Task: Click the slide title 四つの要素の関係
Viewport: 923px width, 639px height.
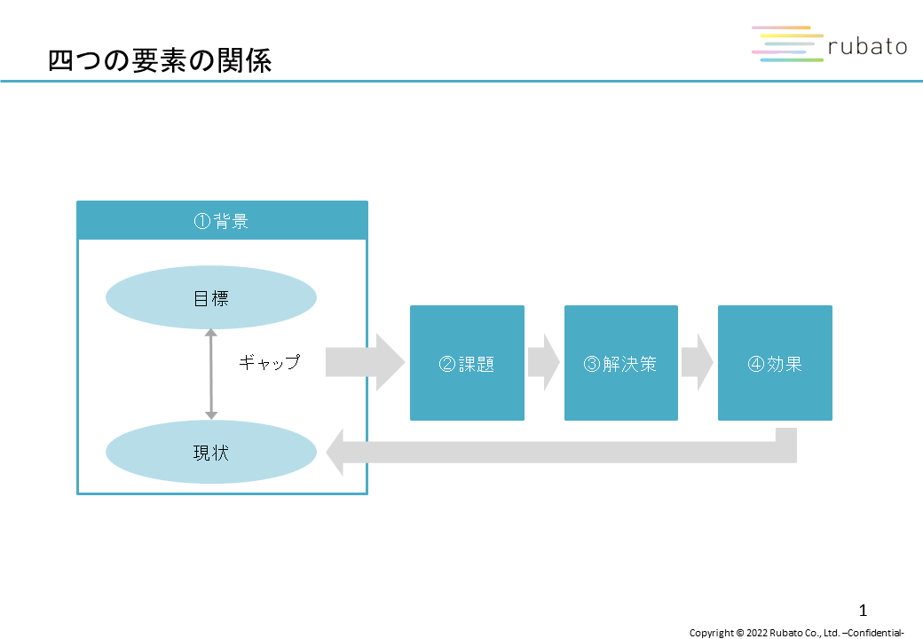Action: [x=160, y=60]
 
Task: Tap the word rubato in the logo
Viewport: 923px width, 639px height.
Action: [x=868, y=46]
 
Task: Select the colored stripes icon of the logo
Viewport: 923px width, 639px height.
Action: [x=786, y=44]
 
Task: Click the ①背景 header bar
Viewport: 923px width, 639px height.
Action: [x=222, y=221]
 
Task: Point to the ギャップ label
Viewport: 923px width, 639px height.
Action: [x=269, y=362]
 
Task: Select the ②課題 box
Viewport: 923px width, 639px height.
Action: [x=467, y=363]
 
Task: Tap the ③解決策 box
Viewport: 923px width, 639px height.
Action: [x=621, y=363]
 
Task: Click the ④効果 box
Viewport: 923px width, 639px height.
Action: [x=775, y=363]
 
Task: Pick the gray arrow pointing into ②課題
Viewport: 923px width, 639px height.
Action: [x=364, y=362]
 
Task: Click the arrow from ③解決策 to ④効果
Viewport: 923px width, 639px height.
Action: [x=698, y=362]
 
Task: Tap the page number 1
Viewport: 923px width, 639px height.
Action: [x=864, y=610]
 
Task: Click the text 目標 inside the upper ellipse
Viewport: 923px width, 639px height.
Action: [x=211, y=298]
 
